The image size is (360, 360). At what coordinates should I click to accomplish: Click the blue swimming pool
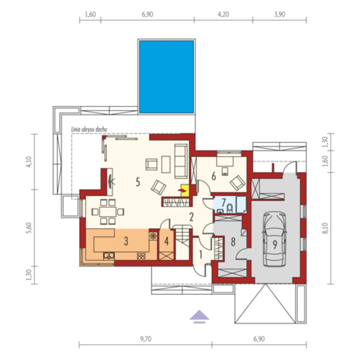point(166,77)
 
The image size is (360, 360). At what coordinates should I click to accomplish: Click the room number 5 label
point(138,182)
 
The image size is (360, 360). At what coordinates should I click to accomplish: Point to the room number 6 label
point(213,176)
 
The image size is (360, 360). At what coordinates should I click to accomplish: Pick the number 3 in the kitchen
point(126,241)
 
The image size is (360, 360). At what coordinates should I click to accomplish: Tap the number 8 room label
point(233,242)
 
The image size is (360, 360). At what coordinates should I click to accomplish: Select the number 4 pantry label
point(166,241)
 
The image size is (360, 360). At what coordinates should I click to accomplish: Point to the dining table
point(108,212)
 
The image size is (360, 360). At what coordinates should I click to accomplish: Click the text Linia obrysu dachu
point(89,129)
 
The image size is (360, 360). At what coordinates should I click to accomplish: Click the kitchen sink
point(109,256)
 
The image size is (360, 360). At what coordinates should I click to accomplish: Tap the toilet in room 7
point(229,209)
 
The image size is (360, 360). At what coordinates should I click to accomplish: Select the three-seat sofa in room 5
point(181,161)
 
